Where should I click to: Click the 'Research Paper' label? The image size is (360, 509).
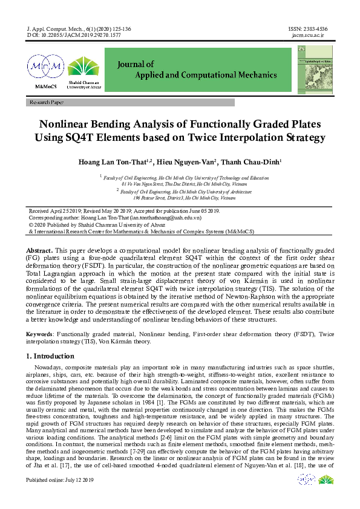(x=46, y=103)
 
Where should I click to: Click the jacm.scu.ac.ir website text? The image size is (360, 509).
(x=309, y=35)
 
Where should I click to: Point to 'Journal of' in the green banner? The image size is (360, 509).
(x=136, y=64)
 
